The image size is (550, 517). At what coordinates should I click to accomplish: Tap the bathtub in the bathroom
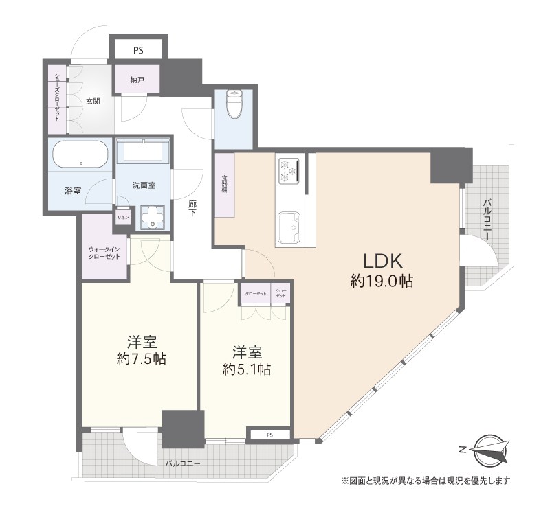click(80, 155)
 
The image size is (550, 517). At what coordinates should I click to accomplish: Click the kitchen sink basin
click(289, 225)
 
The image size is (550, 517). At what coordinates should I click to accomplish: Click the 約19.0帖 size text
click(382, 282)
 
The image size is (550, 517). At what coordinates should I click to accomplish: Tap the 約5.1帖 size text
click(246, 369)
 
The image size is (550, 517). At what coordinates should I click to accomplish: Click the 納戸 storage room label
click(137, 80)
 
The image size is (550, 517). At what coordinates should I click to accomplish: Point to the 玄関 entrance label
click(93, 101)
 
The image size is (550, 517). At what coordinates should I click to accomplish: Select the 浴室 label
click(73, 190)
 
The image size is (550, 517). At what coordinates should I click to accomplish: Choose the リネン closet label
click(122, 217)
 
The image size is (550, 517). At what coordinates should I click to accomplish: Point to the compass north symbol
click(490, 450)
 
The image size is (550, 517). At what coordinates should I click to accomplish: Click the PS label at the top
click(138, 49)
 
